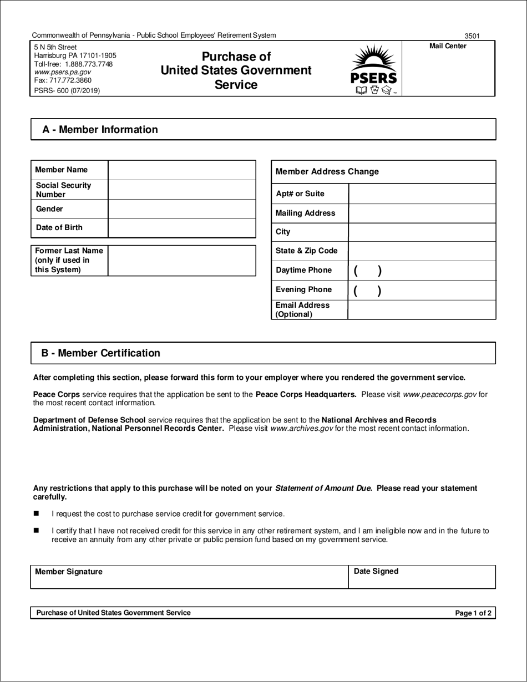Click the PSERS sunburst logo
[x=374, y=70]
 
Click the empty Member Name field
[x=181, y=170]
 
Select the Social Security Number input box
[x=181, y=190]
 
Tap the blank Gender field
[x=181, y=209]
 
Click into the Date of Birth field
[x=181, y=228]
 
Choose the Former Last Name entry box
[x=181, y=261]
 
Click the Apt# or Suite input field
[x=422, y=194]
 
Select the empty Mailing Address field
[x=422, y=213]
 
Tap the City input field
[x=422, y=232]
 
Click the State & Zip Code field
[x=422, y=251]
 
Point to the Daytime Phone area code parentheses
[x=367, y=271]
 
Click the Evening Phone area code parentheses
[x=367, y=291]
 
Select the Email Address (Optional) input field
[x=422, y=310]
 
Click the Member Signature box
[x=189, y=577]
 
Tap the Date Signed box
[x=422, y=577]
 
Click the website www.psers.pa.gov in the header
[x=62, y=72]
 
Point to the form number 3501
[x=472, y=36]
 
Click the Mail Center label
[x=448, y=46]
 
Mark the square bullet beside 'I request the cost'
[x=37, y=513]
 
